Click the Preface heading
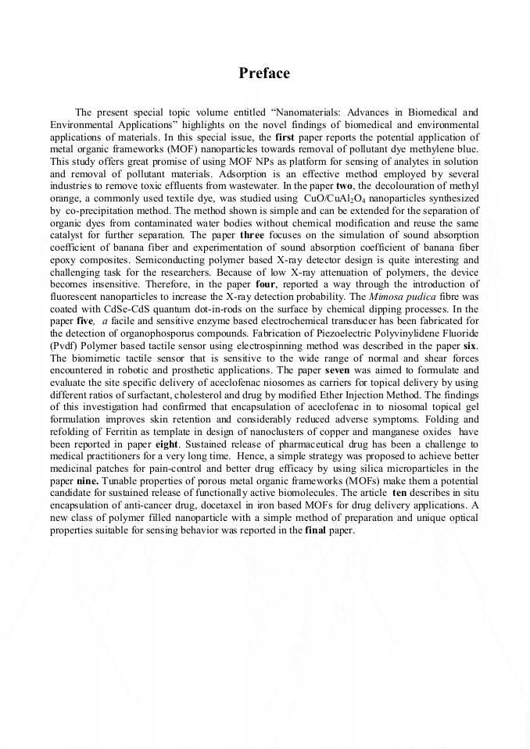[264, 73]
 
